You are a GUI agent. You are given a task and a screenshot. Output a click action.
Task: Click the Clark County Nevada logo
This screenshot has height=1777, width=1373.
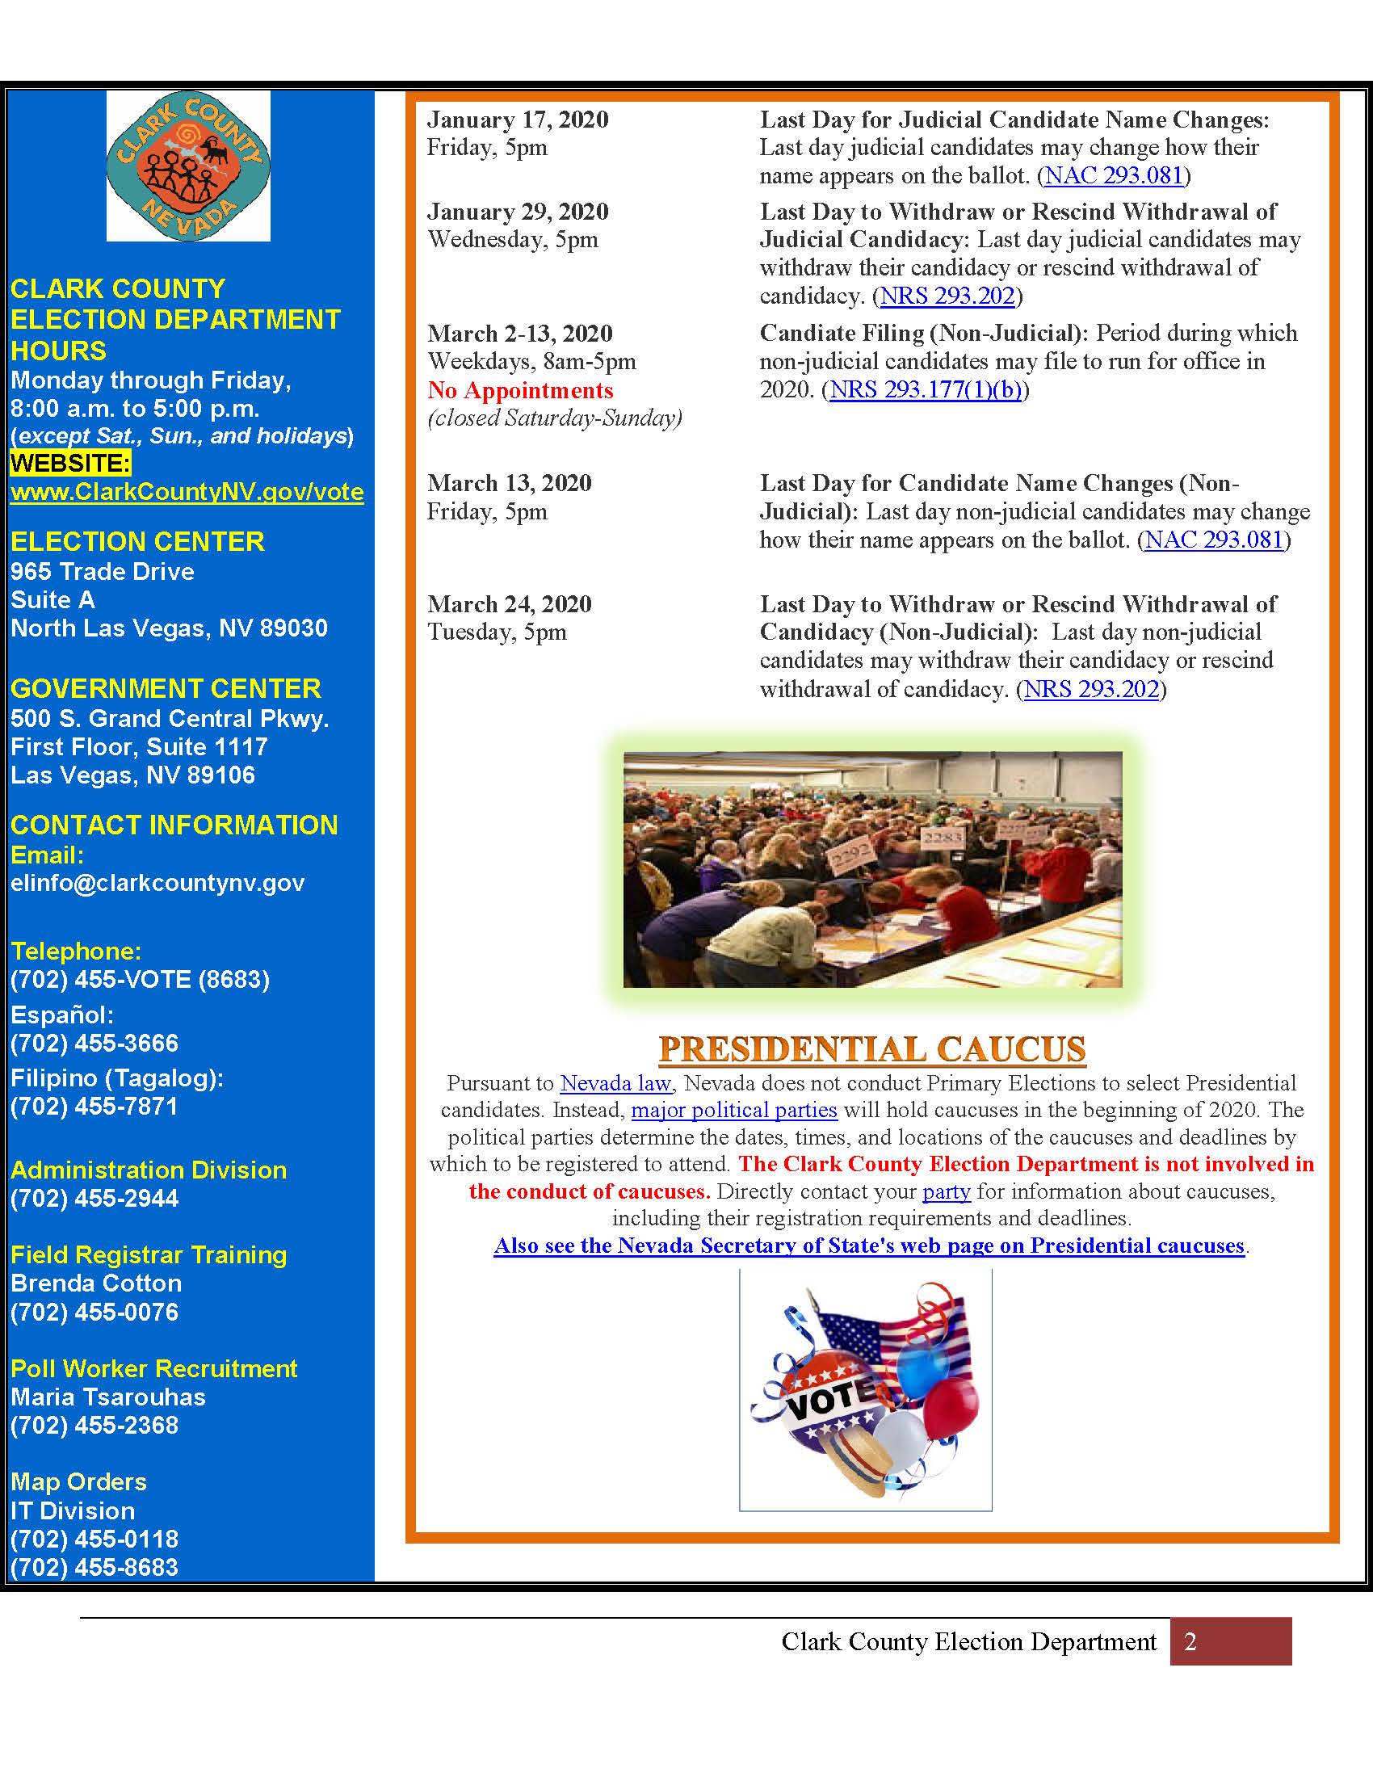pyautogui.click(x=188, y=165)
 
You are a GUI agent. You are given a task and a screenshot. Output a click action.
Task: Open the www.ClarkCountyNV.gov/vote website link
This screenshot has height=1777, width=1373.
pyautogui.click(x=187, y=491)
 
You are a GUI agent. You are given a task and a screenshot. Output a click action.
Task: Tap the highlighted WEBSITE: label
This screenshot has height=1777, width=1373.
pyautogui.click(x=71, y=463)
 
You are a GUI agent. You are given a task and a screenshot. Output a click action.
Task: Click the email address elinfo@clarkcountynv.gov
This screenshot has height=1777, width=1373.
pyautogui.click(x=157, y=883)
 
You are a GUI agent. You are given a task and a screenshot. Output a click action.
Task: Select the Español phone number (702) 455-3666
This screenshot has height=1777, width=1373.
pyautogui.click(x=94, y=1043)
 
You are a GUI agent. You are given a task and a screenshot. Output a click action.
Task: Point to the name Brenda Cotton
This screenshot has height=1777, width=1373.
pyautogui.click(x=96, y=1283)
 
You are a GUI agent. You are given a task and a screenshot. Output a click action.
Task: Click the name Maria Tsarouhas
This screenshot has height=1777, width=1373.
pyautogui.click(x=108, y=1397)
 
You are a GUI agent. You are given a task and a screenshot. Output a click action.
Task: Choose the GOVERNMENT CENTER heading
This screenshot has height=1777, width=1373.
pyautogui.click(x=165, y=688)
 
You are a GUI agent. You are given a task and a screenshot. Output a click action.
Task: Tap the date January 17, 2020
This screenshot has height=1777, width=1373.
pyautogui.click(x=519, y=120)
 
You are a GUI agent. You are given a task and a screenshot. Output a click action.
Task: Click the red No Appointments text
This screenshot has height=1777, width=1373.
pyautogui.click(x=521, y=390)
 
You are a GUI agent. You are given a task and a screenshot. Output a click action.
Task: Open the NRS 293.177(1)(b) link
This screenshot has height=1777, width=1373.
pyautogui.click(x=926, y=390)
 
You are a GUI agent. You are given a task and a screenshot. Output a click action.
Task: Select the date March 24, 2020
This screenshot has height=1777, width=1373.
pyautogui.click(x=510, y=603)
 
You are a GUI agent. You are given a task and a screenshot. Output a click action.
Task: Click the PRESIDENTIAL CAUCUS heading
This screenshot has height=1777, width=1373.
pyautogui.click(x=872, y=1048)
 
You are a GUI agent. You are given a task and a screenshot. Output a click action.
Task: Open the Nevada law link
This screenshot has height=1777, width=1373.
pyautogui.click(x=615, y=1083)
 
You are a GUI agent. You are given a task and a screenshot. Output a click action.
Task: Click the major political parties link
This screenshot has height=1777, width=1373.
pyautogui.click(x=733, y=1110)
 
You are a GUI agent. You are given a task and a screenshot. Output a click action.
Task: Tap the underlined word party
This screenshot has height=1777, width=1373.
pyautogui.click(x=946, y=1191)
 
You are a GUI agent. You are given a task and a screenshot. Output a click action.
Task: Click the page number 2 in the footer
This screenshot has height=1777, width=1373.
pyautogui.click(x=1190, y=1641)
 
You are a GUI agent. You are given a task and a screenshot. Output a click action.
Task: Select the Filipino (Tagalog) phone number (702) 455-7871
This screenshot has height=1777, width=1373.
pyautogui.click(x=94, y=1107)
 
